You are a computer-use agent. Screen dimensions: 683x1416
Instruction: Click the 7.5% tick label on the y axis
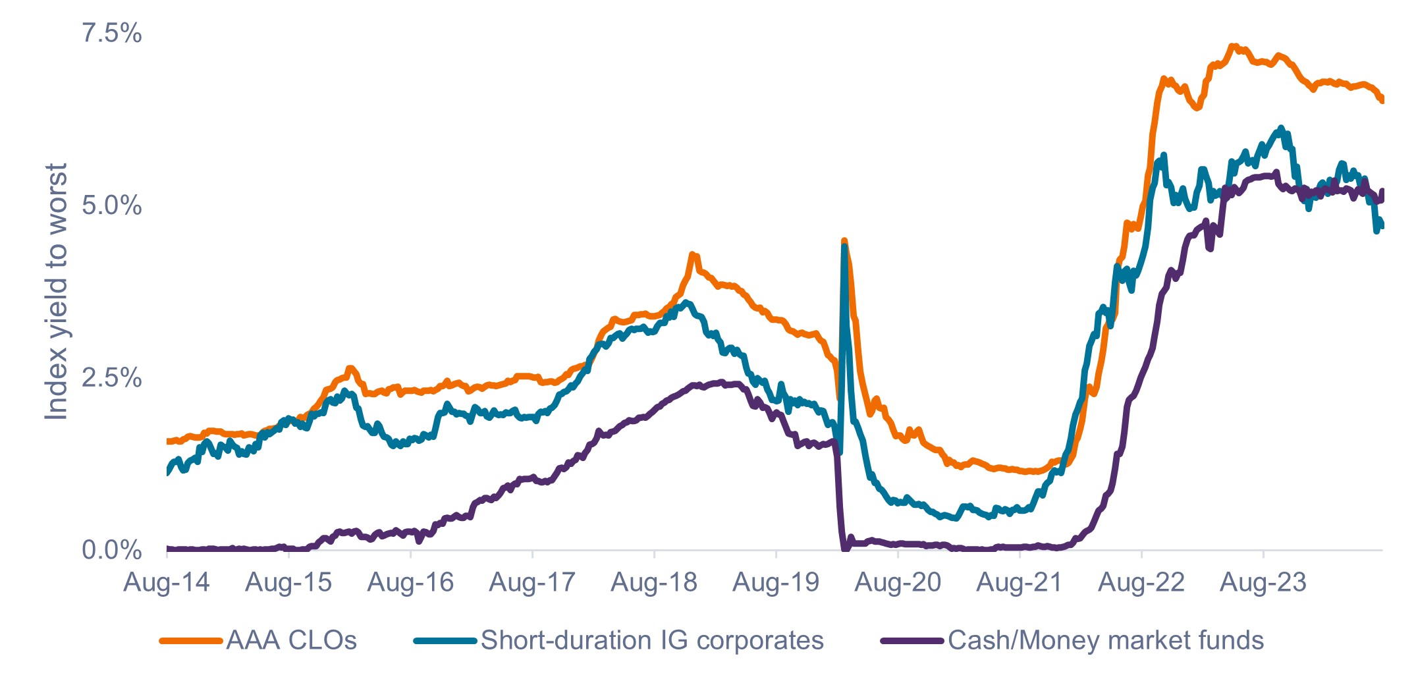[x=111, y=33]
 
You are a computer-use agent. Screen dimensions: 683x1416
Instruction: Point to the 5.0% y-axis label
[x=111, y=205]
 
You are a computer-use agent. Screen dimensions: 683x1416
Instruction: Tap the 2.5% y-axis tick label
[x=111, y=378]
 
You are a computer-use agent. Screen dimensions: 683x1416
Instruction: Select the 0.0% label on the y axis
[x=111, y=550]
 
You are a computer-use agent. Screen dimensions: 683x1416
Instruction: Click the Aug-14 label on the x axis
[x=167, y=582]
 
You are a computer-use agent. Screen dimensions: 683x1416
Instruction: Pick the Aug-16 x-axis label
[x=410, y=582]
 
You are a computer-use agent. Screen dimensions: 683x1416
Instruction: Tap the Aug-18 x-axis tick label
[x=654, y=582]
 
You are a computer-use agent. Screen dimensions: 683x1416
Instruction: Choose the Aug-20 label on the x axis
[x=898, y=582]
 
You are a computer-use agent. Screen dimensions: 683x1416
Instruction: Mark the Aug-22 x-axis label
[x=1141, y=582]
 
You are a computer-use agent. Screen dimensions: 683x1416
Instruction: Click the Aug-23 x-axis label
[x=1263, y=582]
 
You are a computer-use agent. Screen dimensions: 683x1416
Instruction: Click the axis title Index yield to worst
[x=57, y=291]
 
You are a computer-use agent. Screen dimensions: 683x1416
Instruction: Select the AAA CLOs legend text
[x=291, y=640]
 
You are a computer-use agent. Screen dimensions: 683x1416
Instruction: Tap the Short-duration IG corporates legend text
[x=652, y=640]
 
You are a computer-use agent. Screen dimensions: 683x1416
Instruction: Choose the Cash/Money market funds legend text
[x=1106, y=640]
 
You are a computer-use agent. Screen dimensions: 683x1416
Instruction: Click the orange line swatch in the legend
[x=190, y=640]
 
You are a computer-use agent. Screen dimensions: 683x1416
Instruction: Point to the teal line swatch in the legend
[x=445, y=640]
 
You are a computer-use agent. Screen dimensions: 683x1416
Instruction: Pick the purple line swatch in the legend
[x=912, y=640]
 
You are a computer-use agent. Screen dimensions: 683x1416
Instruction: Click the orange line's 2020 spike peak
[x=844, y=241]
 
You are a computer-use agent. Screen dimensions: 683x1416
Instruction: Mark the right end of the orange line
[x=1382, y=100]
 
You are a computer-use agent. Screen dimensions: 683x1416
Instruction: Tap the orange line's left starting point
[x=168, y=441]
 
